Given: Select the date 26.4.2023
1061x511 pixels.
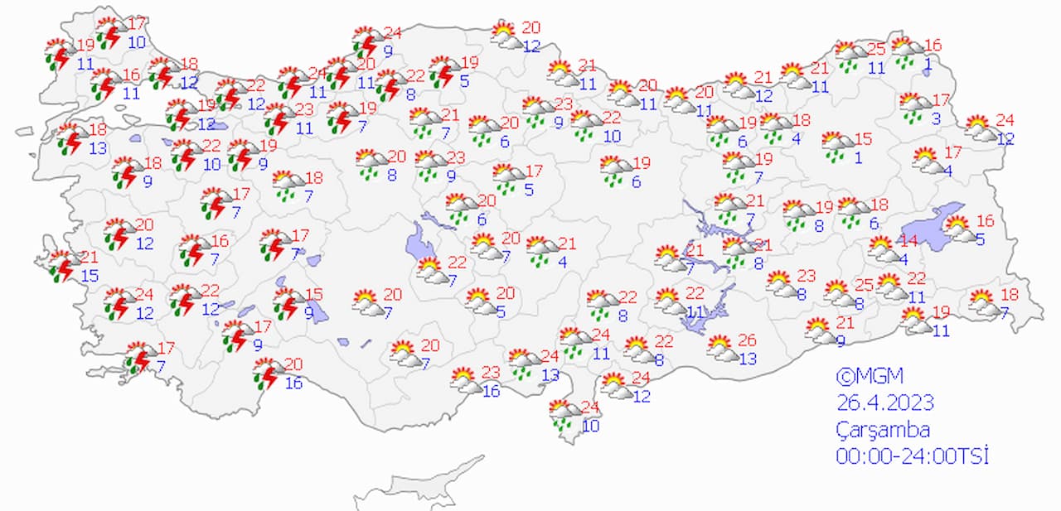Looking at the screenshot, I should pos(884,403).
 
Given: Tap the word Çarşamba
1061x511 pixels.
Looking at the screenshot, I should pos(883,430).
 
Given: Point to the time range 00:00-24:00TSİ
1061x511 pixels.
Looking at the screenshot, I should pos(913,456).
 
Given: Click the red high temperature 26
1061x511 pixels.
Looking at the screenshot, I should pos(747,340).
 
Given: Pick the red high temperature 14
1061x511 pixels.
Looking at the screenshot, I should pos(909,241).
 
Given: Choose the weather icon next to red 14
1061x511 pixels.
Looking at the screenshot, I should pos(884,248).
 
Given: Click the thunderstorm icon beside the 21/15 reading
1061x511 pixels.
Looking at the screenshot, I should pos(62,266).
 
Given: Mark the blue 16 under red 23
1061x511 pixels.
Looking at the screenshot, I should pos(492,391).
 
